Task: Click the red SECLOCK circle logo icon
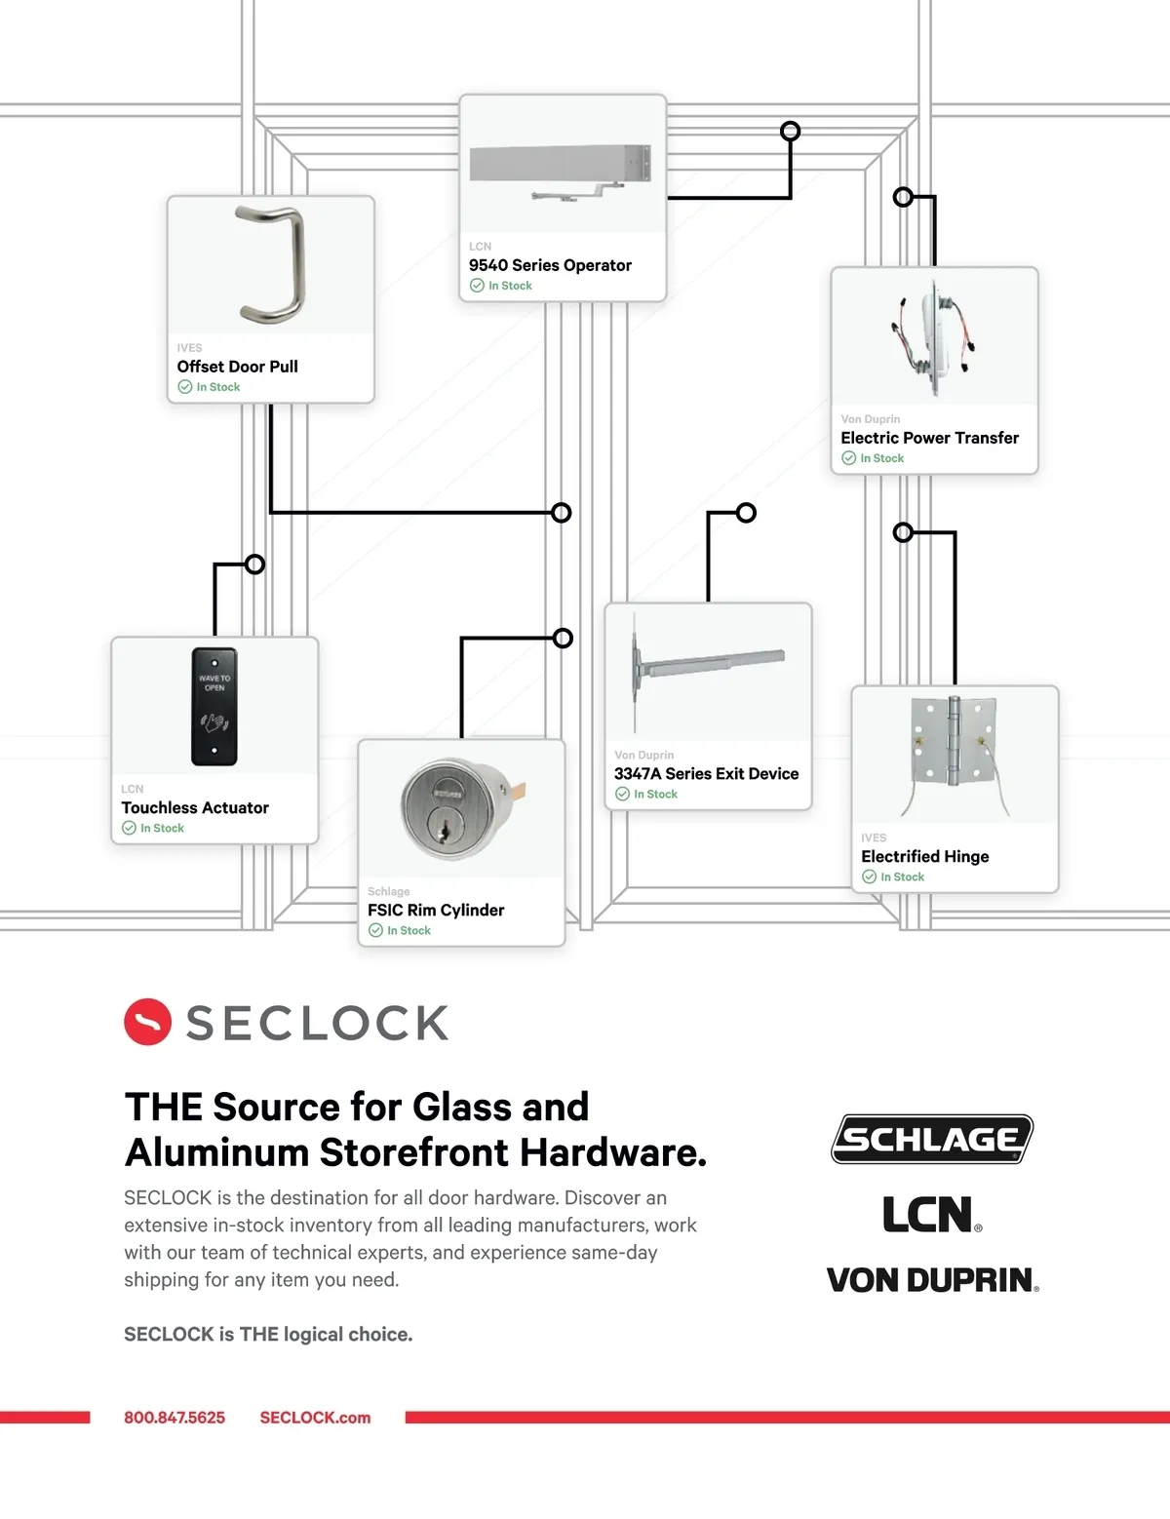coord(147,1022)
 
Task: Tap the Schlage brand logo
coord(932,1139)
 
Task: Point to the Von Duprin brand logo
coord(932,1280)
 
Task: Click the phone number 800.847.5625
coord(175,1418)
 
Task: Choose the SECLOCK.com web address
coord(315,1418)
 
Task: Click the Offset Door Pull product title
coord(238,367)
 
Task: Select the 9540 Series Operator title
coord(550,265)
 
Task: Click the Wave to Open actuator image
coord(214,707)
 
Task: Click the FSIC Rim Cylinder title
coord(436,910)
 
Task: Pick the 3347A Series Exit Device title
coord(706,774)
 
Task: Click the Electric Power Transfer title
coord(929,439)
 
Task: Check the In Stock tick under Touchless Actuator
coord(129,828)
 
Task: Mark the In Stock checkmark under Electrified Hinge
coord(869,876)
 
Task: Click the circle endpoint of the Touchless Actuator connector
coord(254,565)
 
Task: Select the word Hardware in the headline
coord(612,1152)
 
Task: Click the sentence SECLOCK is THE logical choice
coord(268,1335)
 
